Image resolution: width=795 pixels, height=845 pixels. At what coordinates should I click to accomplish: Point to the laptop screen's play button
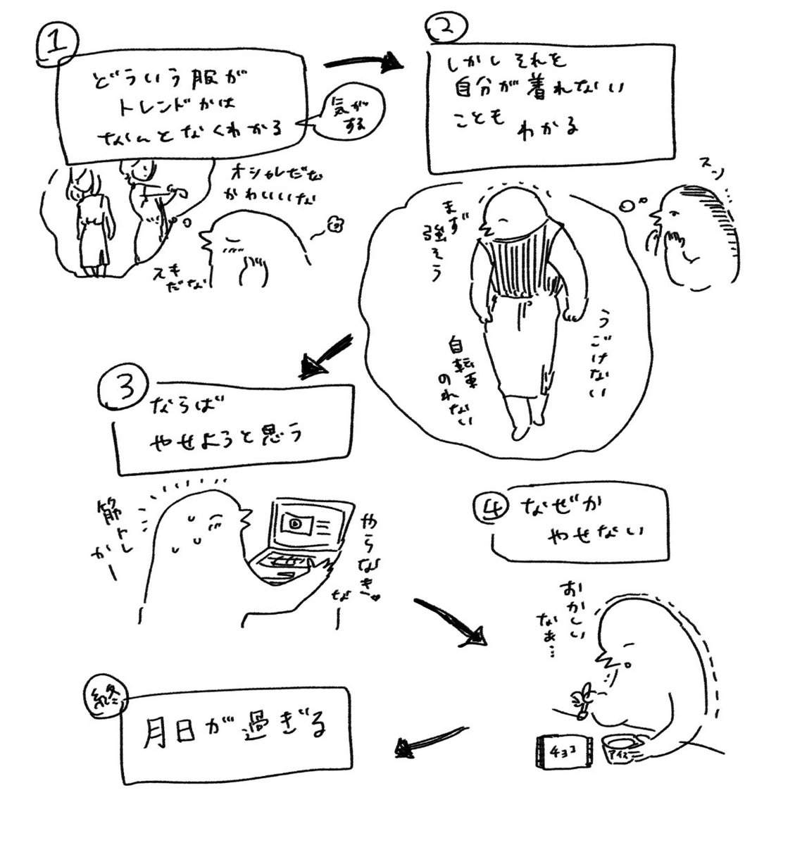tap(293, 524)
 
